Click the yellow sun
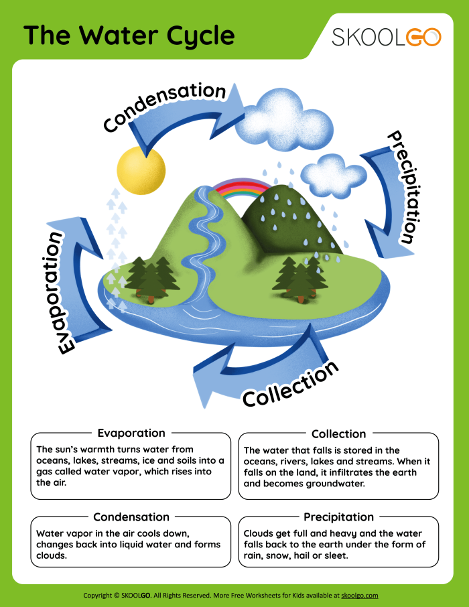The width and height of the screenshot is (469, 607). [141, 170]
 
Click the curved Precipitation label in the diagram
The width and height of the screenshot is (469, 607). [406, 186]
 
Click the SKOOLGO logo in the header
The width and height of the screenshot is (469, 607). [387, 37]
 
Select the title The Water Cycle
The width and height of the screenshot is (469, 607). [129, 36]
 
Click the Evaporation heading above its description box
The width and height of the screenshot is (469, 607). [131, 433]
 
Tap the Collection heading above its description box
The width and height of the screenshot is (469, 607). [338, 433]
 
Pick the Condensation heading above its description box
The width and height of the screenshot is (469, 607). [131, 517]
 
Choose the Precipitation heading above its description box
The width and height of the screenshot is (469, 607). [338, 517]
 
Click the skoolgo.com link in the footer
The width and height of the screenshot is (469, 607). [360, 595]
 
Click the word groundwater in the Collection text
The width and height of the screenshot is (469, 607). [333, 484]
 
